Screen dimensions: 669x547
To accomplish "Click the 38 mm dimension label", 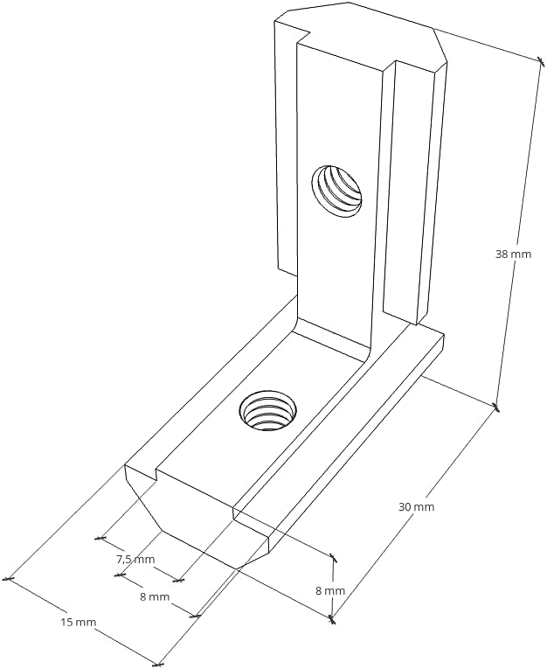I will (513, 254).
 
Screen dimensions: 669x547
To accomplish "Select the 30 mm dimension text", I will (416, 506).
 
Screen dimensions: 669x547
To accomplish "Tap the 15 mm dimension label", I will (78, 622).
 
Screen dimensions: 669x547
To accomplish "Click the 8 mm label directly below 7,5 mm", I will (154, 596).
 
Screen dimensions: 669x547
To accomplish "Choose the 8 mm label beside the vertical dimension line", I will (329, 590).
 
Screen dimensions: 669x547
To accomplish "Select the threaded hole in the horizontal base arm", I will (267, 410).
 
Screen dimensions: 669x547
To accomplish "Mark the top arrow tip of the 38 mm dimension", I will (538, 59).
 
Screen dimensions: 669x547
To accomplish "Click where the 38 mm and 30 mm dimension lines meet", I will (496, 408).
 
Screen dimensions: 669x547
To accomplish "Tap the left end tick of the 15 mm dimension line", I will (8, 578).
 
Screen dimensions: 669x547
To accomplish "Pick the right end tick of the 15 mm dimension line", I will (157, 663).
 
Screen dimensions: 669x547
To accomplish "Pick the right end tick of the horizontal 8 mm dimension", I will (196, 616).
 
